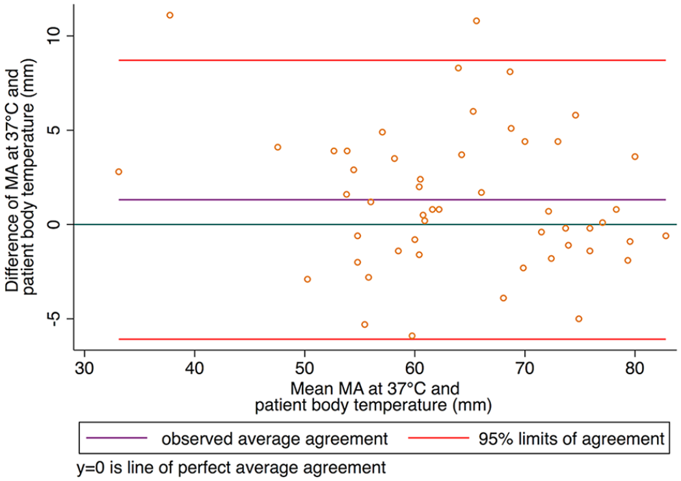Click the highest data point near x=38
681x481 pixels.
(x=170, y=15)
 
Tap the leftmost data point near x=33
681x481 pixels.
(x=118, y=172)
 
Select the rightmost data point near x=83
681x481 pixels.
(x=665, y=236)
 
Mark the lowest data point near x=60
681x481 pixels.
(x=412, y=336)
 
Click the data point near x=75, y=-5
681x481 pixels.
(x=579, y=319)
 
